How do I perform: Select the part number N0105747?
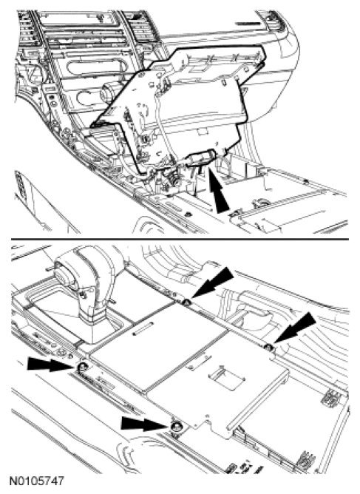coord(37,481)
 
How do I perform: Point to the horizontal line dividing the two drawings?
coord(180,239)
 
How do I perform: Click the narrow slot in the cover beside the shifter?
coord(143,328)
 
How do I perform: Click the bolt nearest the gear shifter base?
coord(83,367)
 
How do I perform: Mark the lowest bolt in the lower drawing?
coord(174,426)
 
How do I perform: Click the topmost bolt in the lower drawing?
coord(186,302)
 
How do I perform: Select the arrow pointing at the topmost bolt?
coord(212,282)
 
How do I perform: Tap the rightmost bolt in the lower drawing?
coord(268,348)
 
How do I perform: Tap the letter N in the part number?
coord(13,481)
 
